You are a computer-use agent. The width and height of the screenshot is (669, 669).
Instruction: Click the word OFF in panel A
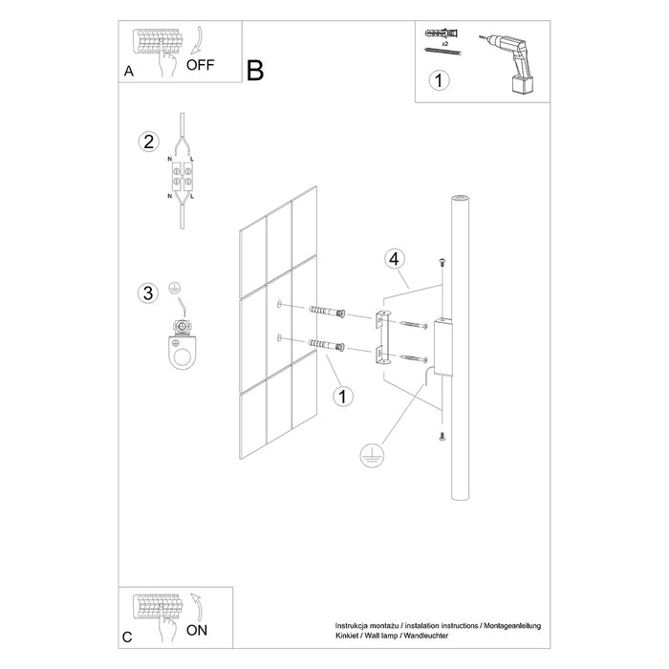click(x=201, y=65)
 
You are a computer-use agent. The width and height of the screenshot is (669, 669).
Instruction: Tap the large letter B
click(x=255, y=71)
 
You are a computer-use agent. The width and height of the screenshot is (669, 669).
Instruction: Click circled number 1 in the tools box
click(x=438, y=81)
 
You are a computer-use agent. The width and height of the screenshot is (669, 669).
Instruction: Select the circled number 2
click(x=147, y=142)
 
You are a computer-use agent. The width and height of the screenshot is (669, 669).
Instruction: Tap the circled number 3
click(x=147, y=292)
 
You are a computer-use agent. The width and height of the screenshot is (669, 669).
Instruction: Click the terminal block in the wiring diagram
click(x=183, y=176)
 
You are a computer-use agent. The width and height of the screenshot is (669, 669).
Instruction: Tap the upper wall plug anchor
click(x=326, y=312)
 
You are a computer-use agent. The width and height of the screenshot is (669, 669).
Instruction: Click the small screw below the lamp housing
click(x=441, y=437)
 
